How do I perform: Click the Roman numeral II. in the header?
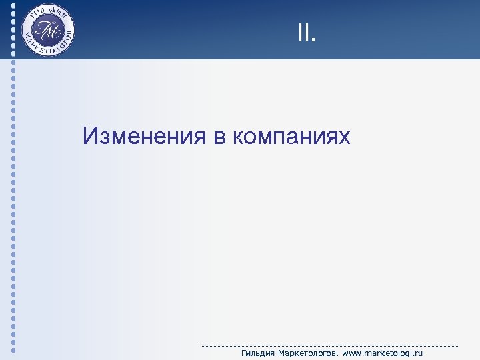(x=306, y=32)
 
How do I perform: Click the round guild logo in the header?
(x=47, y=31)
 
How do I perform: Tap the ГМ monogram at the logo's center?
(x=47, y=31)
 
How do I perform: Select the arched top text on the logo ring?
(x=47, y=11)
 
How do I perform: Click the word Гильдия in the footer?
(x=257, y=353)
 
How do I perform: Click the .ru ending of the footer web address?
(x=417, y=353)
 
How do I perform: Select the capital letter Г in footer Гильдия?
(x=244, y=353)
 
